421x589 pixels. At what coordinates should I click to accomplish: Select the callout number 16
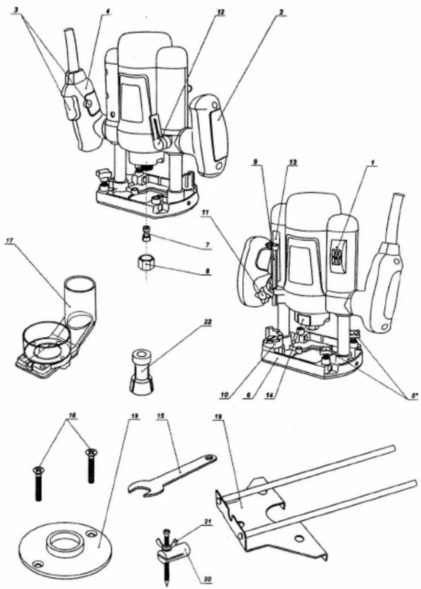72,415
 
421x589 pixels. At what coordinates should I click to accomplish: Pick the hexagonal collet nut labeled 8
146,264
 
